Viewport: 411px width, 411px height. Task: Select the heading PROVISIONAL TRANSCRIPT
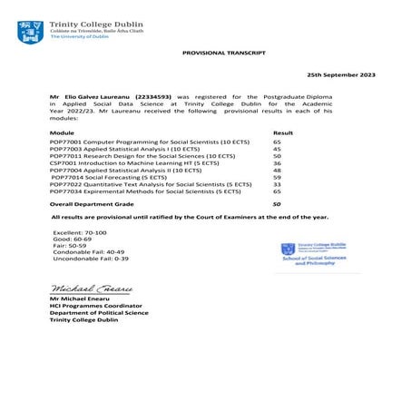(x=224, y=54)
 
